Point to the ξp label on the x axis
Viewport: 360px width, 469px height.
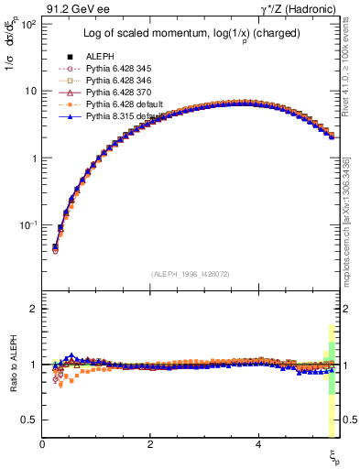(333, 455)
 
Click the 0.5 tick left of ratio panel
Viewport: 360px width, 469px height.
(29, 420)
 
